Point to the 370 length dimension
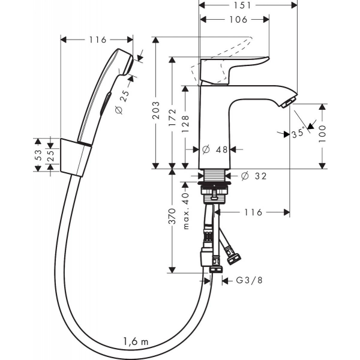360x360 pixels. coord(172,220)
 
